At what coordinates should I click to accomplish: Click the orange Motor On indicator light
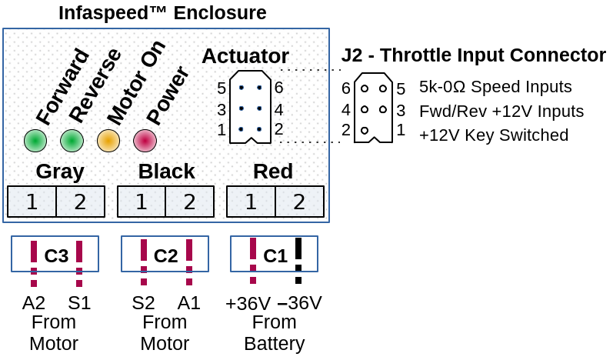(108, 140)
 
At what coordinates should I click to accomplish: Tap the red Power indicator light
(145, 140)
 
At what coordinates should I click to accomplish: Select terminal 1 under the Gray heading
(32, 202)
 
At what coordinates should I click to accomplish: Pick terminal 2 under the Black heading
(190, 202)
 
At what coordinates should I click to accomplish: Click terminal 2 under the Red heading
(299, 202)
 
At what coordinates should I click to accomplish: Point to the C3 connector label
(56, 255)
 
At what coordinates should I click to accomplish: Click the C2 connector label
(166, 255)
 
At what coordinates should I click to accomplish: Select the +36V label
(248, 303)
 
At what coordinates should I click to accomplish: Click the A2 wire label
(34, 303)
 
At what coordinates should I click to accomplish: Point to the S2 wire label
(143, 303)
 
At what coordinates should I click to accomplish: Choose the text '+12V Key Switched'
(494, 135)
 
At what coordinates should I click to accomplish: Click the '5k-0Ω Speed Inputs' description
(495, 87)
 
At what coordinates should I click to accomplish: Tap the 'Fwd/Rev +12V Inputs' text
(501, 111)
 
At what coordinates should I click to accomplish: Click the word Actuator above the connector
(245, 56)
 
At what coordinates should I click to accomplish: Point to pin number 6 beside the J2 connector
(346, 88)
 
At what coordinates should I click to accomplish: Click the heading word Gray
(59, 172)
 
